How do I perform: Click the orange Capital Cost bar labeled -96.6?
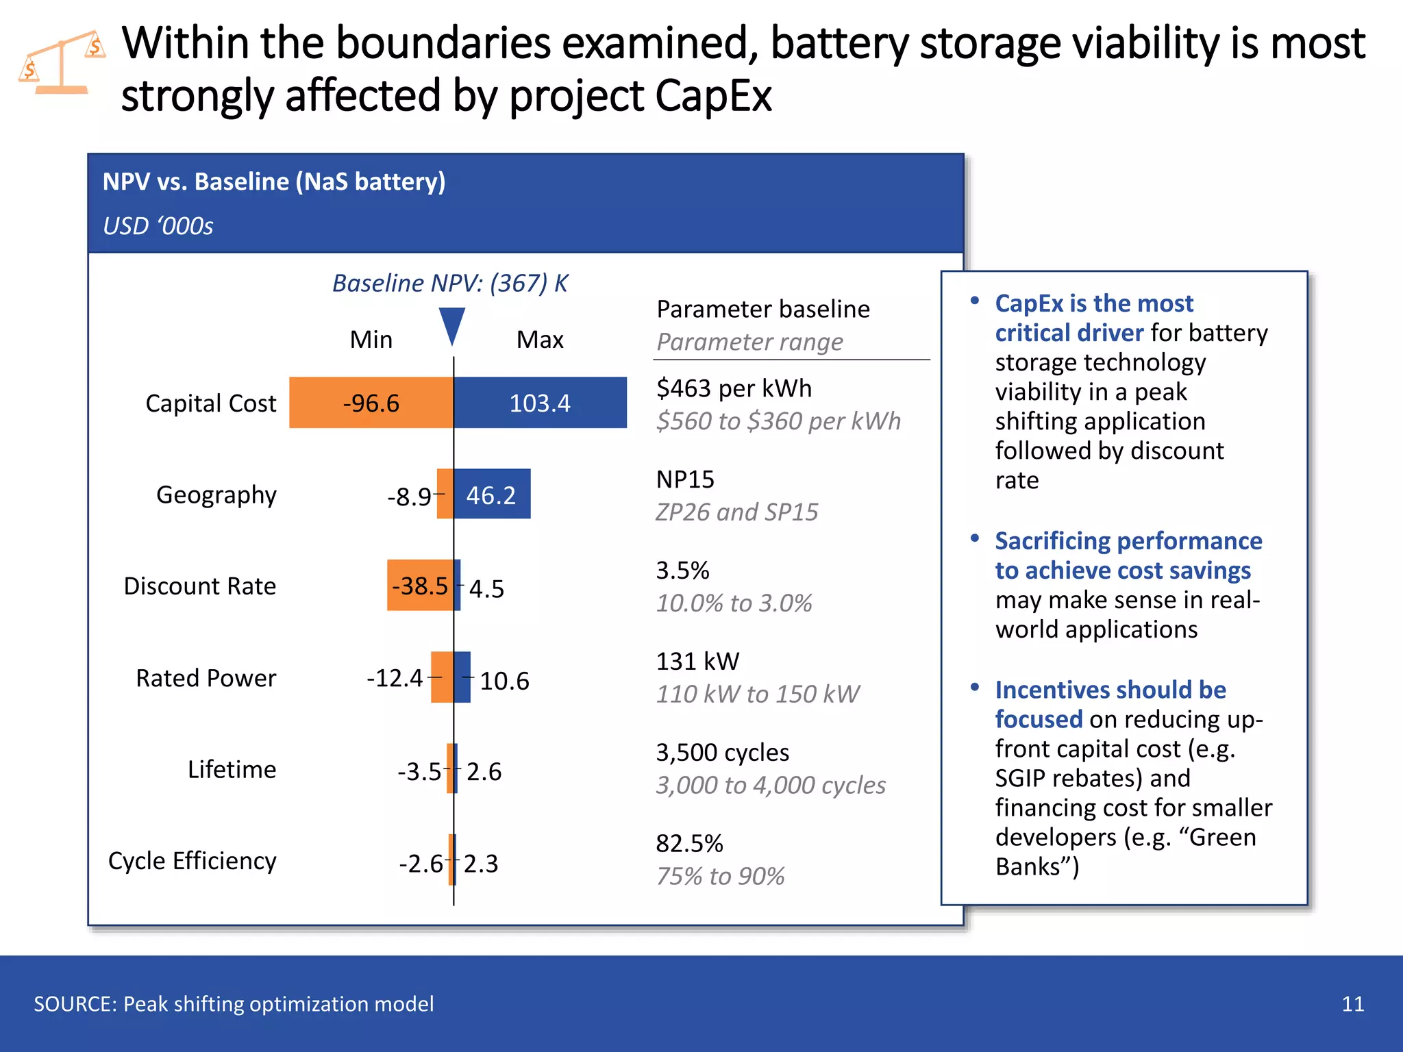tap(371, 403)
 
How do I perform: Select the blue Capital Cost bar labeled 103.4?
tap(540, 403)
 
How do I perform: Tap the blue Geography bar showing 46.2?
tap(492, 494)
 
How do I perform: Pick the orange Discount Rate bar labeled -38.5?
tap(419, 586)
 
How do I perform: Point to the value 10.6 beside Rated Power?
tap(504, 681)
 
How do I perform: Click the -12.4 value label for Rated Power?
tap(395, 678)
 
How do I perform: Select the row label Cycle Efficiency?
tap(193, 861)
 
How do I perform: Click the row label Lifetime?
tap(232, 769)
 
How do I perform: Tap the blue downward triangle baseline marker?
tap(452, 325)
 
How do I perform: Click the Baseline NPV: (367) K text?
tap(450, 283)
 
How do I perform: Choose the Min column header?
tap(371, 340)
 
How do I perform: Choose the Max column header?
tap(540, 340)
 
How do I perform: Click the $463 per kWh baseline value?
tap(734, 388)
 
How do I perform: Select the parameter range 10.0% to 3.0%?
tap(734, 603)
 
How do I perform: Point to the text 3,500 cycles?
tap(723, 753)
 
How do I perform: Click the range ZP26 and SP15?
tap(737, 512)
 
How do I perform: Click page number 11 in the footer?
tap(1352, 1004)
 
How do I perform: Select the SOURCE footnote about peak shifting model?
tap(234, 1004)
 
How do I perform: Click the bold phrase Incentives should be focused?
tap(1110, 704)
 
